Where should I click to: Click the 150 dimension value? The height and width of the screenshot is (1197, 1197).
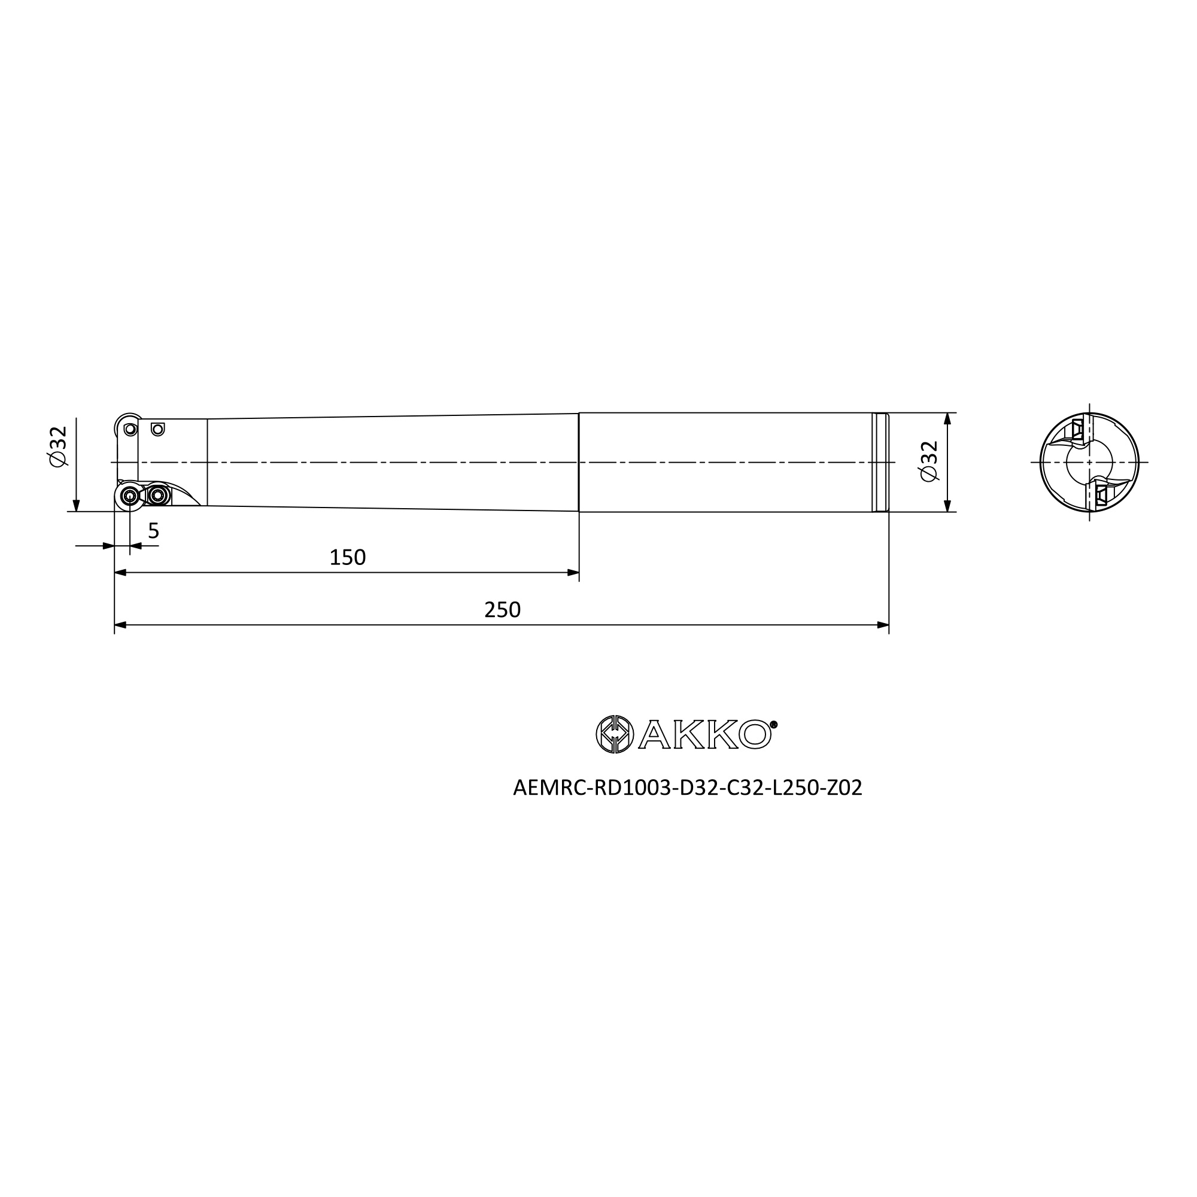pyautogui.click(x=348, y=558)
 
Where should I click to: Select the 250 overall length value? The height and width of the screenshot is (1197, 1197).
pyautogui.click(x=503, y=610)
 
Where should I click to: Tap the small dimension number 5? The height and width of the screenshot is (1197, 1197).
pyautogui.click(x=154, y=531)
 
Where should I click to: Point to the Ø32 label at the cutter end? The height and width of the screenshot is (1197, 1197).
pyautogui.click(x=58, y=446)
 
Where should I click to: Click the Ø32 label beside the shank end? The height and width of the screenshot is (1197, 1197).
pyautogui.click(x=929, y=460)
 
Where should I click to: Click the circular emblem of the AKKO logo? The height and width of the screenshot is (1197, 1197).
pyautogui.click(x=615, y=734)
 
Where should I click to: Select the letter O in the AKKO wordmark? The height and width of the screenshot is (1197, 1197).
pyautogui.click(x=755, y=735)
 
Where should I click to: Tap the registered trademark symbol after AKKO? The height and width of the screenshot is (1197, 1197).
pyautogui.click(x=773, y=724)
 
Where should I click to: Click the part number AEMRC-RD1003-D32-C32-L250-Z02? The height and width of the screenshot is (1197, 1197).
pyautogui.click(x=688, y=788)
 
